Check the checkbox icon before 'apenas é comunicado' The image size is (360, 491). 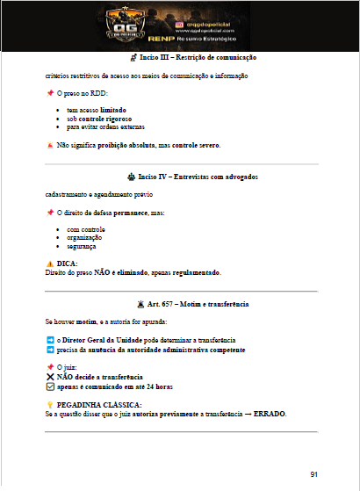pyautogui.click(x=49, y=385)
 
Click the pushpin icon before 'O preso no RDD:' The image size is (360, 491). pyautogui.click(x=49, y=92)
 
